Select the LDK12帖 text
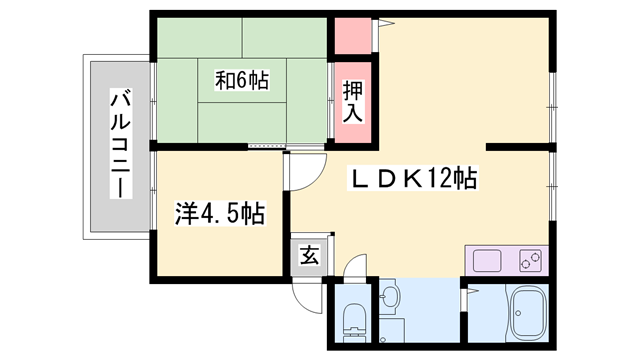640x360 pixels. [x=412, y=180]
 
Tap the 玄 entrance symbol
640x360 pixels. [x=308, y=255]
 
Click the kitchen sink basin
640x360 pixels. [x=489, y=262]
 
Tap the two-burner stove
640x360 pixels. [x=530, y=262]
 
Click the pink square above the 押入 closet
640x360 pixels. [x=350, y=36]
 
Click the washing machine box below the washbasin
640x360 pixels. [x=392, y=328]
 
